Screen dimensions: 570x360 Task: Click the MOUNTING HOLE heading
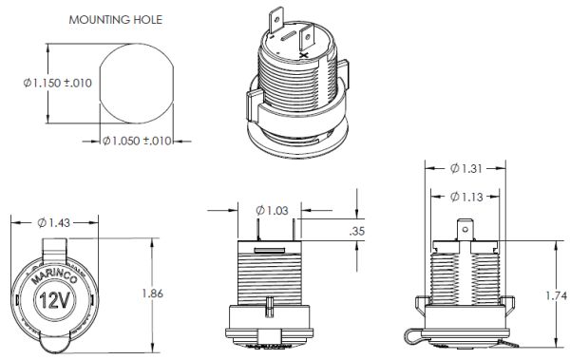pos(116,20)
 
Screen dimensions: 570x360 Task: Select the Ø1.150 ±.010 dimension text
pos(57,83)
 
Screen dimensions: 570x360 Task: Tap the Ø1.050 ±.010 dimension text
pos(137,141)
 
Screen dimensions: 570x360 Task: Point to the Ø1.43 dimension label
pos(54,222)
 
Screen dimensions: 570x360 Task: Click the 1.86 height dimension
pos(152,294)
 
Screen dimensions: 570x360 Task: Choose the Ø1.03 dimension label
pos(272,210)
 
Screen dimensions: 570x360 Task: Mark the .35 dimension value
pos(356,231)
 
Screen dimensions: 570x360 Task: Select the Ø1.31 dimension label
pos(466,168)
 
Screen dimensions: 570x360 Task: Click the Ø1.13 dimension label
pos(466,197)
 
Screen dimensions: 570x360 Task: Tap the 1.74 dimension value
pos(556,296)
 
